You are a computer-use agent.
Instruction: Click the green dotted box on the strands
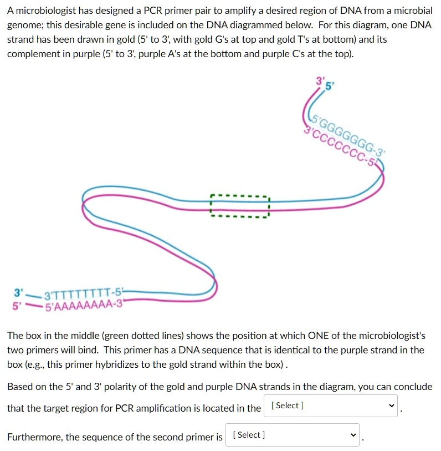[239, 206]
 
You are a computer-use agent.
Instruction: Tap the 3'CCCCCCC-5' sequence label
[341, 145]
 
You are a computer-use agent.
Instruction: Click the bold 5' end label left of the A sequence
[19, 305]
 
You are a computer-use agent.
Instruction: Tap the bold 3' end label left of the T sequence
[19, 292]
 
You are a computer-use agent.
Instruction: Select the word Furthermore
[34, 437]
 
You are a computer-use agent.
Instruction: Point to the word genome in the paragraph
[24, 26]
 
